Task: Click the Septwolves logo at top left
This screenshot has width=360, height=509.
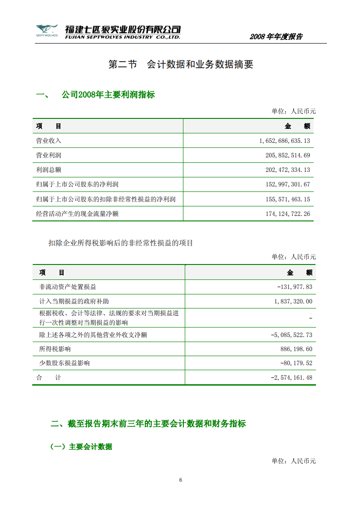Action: (x=47, y=31)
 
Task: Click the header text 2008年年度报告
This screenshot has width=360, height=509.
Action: (x=276, y=37)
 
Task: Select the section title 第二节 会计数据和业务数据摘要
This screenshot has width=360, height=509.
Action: (x=181, y=64)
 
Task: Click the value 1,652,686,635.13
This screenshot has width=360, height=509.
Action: (x=285, y=141)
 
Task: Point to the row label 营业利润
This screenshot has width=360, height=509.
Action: (x=49, y=156)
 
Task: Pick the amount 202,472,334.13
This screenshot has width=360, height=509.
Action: (x=287, y=170)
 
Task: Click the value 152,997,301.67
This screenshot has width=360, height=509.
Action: (x=287, y=185)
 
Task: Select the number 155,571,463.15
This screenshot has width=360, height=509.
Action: (x=287, y=199)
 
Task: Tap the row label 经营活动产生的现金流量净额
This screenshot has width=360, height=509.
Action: (x=77, y=214)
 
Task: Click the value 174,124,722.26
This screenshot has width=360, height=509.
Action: (x=287, y=214)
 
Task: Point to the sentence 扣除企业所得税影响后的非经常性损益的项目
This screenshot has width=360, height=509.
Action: (x=121, y=243)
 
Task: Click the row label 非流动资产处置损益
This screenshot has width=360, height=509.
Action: (x=68, y=287)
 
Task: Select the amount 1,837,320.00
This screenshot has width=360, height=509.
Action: (x=293, y=301)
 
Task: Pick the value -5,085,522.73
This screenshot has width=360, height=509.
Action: (x=291, y=335)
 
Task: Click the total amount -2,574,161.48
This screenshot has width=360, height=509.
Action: (x=291, y=377)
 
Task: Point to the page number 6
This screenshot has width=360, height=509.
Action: (x=181, y=480)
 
